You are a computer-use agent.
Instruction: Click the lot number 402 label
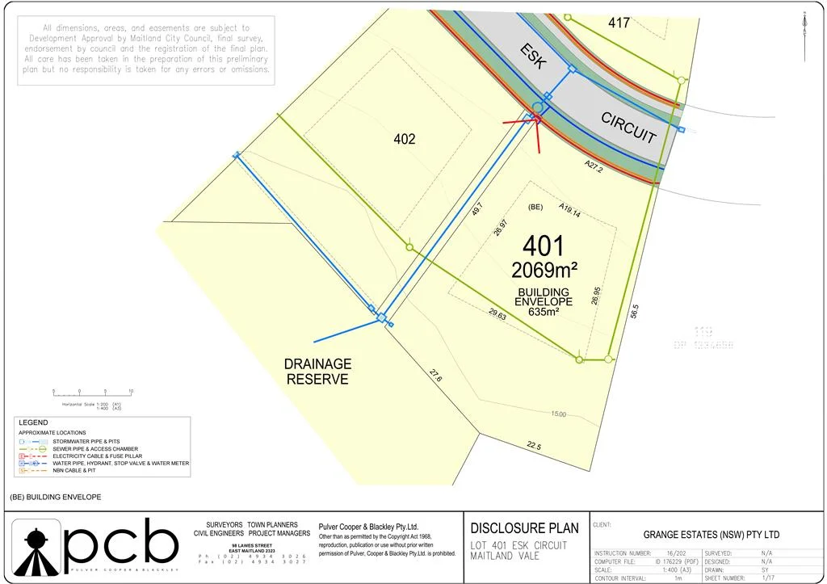click(x=405, y=139)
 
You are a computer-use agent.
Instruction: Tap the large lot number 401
click(x=544, y=246)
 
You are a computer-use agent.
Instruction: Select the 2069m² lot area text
click(x=544, y=268)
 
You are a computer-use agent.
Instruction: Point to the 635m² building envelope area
click(x=544, y=312)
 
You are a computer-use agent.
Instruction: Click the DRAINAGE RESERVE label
click(x=317, y=372)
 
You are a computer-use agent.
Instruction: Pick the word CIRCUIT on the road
click(x=628, y=128)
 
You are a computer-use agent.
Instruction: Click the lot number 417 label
click(x=619, y=23)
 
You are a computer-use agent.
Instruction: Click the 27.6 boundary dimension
click(x=435, y=376)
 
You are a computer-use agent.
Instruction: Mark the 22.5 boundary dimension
click(x=534, y=446)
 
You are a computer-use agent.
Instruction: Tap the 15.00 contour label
click(x=558, y=414)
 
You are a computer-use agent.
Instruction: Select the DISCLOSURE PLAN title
click(x=525, y=528)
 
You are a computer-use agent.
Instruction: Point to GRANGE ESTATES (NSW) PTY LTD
click(x=711, y=535)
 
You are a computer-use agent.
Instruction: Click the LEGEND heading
click(x=33, y=422)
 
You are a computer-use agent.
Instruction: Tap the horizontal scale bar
click(x=92, y=392)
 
